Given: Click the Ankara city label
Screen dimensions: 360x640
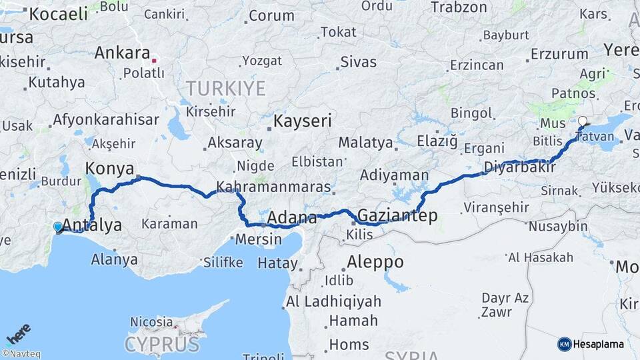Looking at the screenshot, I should pyautogui.click(x=121, y=52).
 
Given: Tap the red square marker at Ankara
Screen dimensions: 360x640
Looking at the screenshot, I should pyautogui.click(x=154, y=61).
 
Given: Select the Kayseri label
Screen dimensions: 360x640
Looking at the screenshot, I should pyautogui.click(x=303, y=121).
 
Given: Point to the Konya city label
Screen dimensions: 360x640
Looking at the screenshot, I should pyautogui.click(x=110, y=168).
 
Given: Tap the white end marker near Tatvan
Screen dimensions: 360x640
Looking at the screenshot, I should pyautogui.click(x=583, y=122).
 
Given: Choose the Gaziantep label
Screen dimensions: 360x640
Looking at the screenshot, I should pyautogui.click(x=397, y=215).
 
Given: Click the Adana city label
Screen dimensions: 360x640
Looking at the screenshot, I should pyautogui.click(x=292, y=218).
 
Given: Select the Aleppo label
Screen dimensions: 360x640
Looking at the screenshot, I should pyautogui.click(x=375, y=262).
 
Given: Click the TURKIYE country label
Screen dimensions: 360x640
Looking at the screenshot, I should pyautogui.click(x=225, y=88).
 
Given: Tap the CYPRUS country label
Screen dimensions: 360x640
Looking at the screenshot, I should pyautogui.click(x=162, y=345).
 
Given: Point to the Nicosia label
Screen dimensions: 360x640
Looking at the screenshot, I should pyautogui.click(x=151, y=322).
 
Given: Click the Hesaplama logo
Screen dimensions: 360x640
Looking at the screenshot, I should pyautogui.click(x=591, y=344).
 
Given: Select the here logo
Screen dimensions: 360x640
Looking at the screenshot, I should pyautogui.click(x=18, y=334).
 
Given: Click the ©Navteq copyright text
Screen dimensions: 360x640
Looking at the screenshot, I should pyautogui.click(x=21, y=354).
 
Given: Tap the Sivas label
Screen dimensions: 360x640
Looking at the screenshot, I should pyautogui.click(x=358, y=62).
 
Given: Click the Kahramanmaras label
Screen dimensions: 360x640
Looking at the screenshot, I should pyautogui.click(x=273, y=187).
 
